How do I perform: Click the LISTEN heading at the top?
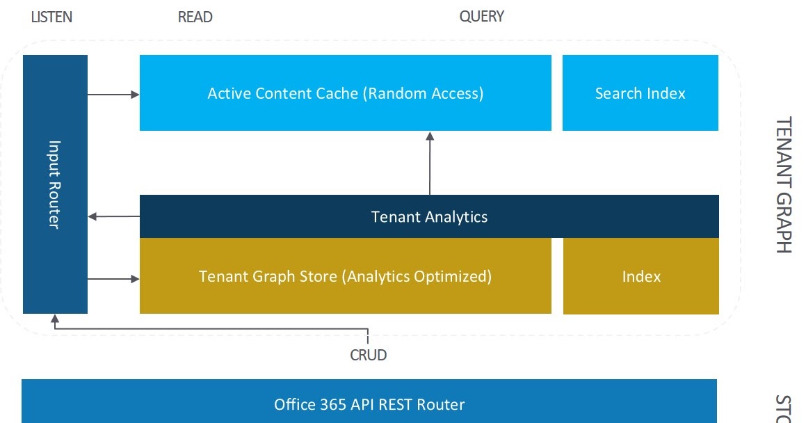click(51, 17)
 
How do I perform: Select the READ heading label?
click(195, 17)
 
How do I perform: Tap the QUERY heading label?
click(481, 16)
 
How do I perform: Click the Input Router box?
click(55, 184)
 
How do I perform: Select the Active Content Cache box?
click(345, 93)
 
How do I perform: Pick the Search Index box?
click(640, 93)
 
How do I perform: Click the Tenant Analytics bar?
click(429, 216)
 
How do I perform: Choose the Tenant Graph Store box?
click(345, 276)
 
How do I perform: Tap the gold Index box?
click(640, 276)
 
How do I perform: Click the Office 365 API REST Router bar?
click(369, 404)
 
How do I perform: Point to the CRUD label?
click(368, 355)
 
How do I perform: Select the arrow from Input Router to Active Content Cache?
click(113, 94)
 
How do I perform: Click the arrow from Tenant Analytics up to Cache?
click(430, 163)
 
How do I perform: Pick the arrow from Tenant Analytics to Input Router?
click(113, 216)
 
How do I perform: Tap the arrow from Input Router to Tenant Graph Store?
click(113, 279)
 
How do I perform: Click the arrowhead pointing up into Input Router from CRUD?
click(55, 319)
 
